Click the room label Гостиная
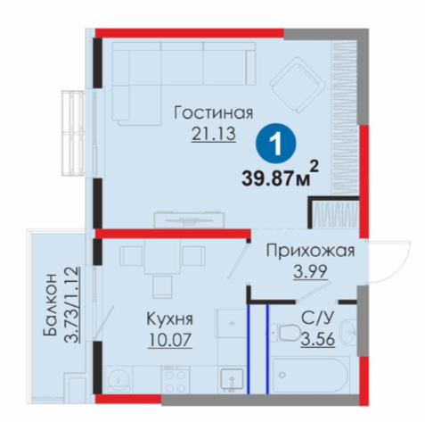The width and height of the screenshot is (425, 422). pyautogui.click(x=214, y=113)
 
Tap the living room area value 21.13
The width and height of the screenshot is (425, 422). pyautogui.click(x=214, y=134)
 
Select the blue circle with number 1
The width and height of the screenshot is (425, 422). pyautogui.click(x=276, y=144)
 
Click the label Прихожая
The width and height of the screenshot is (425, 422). pyautogui.click(x=310, y=252)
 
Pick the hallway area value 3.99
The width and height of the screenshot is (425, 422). pyautogui.click(x=310, y=271)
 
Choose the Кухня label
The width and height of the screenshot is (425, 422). pyautogui.click(x=169, y=319)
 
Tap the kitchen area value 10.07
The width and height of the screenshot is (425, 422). pyautogui.click(x=169, y=340)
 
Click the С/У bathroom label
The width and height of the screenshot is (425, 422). pyautogui.click(x=317, y=319)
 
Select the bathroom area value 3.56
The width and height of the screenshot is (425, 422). pyautogui.click(x=318, y=339)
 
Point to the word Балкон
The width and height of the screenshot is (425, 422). pyautogui.click(x=50, y=304)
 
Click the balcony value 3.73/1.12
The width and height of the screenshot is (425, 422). pyautogui.click(x=72, y=304)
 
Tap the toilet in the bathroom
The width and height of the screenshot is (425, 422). pyautogui.click(x=284, y=333)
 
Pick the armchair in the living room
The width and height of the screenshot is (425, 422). pyautogui.click(x=298, y=86)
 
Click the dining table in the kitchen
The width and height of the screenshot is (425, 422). pyautogui.click(x=162, y=256)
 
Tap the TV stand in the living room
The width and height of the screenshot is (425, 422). pyautogui.click(x=189, y=219)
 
